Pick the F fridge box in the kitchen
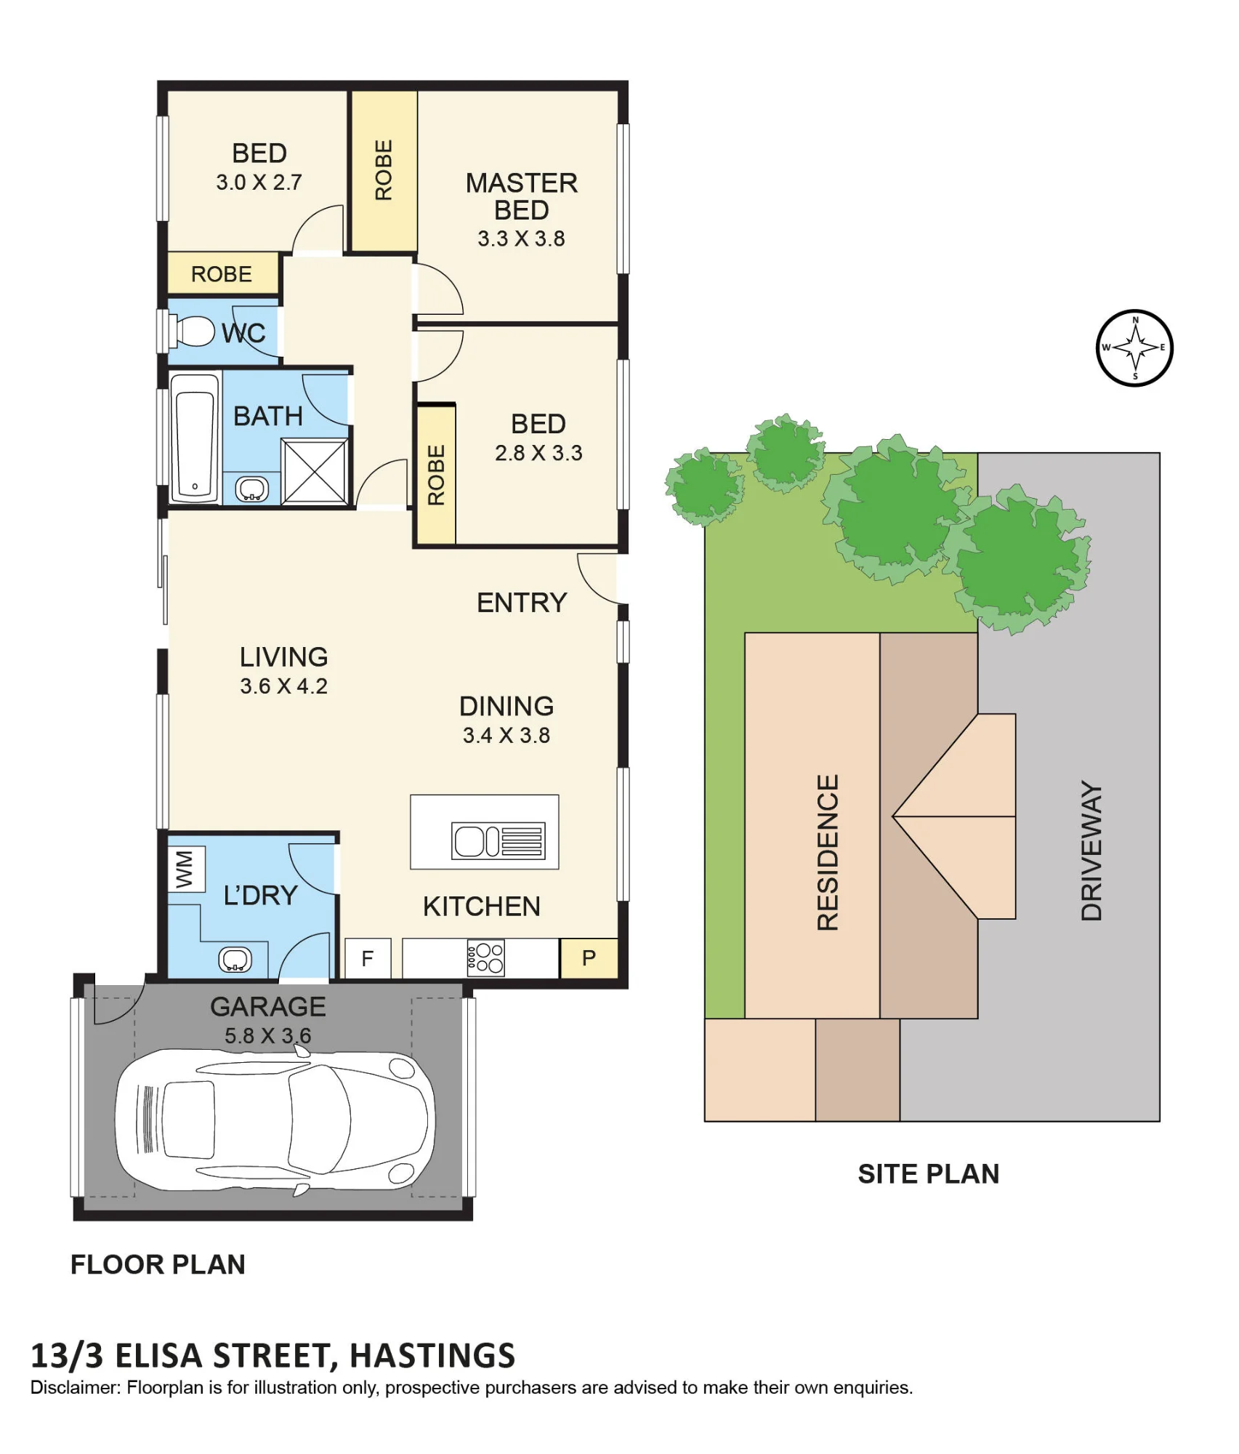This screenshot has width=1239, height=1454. click(x=368, y=958)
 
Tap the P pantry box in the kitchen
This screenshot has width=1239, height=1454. click(x=589, y=958)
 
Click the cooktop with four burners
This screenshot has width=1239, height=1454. click(x=486, y=958)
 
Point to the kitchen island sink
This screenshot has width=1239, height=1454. click(x=499, y=841)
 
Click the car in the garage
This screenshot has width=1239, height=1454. click(x=275, y=1120)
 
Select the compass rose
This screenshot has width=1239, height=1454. click(x=1134, y=348)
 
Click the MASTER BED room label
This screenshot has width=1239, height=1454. click(x=522, y=196)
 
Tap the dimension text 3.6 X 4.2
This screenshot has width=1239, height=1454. click(x=284, y=686)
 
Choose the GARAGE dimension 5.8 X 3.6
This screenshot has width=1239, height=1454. click(x=268, y=1036)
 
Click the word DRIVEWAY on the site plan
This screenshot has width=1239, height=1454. click(x=1091, y=851)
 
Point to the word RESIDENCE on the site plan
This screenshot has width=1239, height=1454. click(x=828, y=852)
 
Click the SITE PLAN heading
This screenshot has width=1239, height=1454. click(x=929, y=1174)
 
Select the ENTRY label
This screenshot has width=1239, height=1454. click(x=522, y=603)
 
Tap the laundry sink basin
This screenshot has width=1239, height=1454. click(x=235, y=960)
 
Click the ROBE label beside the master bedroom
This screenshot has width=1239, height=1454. click(x=384, y=170)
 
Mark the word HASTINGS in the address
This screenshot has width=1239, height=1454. click(x=432, y=1356)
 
